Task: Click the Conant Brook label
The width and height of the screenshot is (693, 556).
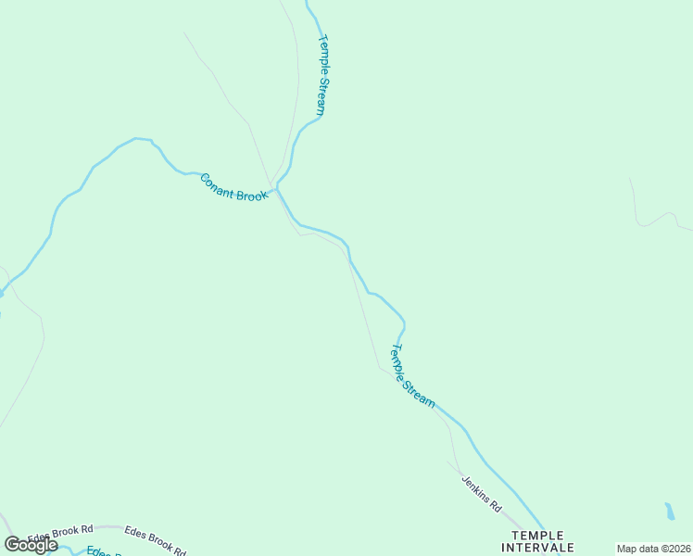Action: coord(234,185)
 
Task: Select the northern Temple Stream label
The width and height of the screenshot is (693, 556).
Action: coord(321,75)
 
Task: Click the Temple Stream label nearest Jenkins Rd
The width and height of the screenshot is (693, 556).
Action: coord(412,376)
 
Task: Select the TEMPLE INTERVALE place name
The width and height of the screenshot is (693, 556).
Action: coord(543,541)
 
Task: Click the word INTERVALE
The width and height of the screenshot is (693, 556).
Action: coord(543,548)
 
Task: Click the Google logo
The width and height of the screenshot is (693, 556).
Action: coord(31,544)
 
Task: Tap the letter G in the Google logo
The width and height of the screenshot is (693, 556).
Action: coord(12,544)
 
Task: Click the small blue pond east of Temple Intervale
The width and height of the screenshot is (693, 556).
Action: coord(669,512)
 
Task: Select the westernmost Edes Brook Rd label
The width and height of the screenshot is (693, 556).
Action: coord(61,534)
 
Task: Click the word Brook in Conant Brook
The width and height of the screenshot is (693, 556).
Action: coord(251,192)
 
